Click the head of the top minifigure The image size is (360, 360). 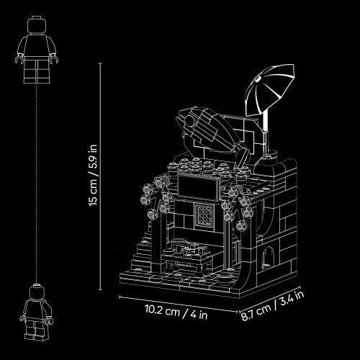(x=37, y=25)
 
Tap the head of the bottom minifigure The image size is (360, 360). (x=37, y=292)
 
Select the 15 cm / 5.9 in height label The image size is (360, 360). (x=93, y=175)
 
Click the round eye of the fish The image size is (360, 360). (x=190, y=120)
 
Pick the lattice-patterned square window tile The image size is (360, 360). (x=204, y=215)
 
